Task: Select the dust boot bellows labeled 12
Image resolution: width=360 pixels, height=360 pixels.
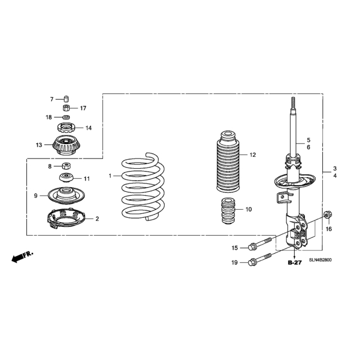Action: tap(228, 161)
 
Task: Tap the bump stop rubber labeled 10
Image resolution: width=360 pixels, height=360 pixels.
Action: tap(228, 211)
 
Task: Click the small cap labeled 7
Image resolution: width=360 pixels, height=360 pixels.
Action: tap(66, 99)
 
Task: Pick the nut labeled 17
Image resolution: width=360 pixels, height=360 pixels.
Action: tap(66, 107)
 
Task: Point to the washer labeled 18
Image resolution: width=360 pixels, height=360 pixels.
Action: tap(66, 118)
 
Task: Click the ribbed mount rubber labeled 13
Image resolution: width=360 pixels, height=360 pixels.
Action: tap(66, 145)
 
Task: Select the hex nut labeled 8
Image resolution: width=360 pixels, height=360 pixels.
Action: tap(66, 166)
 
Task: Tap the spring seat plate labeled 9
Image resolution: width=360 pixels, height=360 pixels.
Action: tap(66, 196)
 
